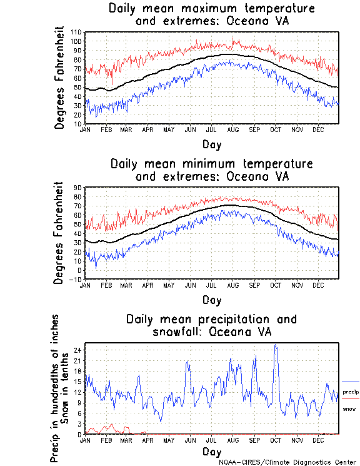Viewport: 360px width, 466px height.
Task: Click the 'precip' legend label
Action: [351, 392]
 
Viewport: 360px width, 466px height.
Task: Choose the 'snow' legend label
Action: [349, 408]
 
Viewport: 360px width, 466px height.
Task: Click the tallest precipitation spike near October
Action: [276, 345]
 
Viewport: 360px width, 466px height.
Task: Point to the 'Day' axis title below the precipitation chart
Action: [212, 451]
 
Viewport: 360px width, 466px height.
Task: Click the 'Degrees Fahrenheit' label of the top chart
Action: [60, 77]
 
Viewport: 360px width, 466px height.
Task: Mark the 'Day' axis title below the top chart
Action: [212, 143]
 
